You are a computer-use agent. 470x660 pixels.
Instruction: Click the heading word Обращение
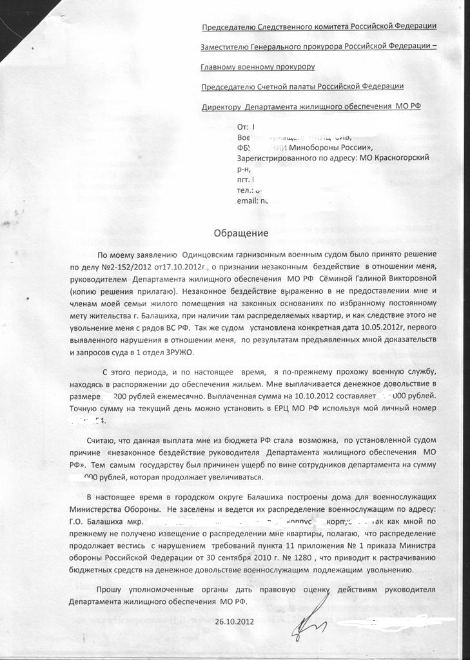[240, 233]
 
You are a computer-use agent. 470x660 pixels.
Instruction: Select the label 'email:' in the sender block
[248, 200]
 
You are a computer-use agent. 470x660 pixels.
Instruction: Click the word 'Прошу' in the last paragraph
[108, 590]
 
